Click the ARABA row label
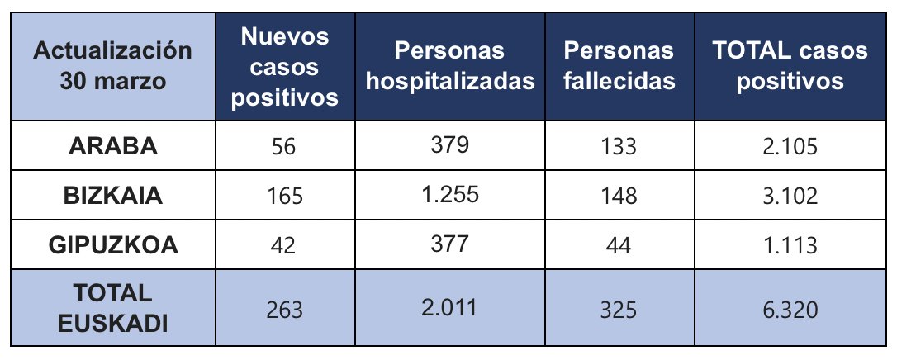pos(113,146)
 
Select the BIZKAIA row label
pos(113,196)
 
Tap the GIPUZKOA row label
pos(113,245)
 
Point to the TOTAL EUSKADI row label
pos(113,308)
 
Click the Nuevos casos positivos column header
pos(285,67)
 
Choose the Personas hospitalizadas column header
pos(450,67)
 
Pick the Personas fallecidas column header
pos(619,67)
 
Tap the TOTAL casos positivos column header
pos(790,67)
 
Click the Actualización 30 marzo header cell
pos(113,67)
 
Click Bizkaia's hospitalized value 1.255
pos(450,195)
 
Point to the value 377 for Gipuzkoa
pos(450,244)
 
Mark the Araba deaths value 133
pos(619,147)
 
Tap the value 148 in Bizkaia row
pos(619,197)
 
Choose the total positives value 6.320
pos(790,310)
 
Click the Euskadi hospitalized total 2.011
pos(450,308)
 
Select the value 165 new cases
pos(285,197)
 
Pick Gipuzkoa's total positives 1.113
pos(790,246)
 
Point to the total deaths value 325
pos(619,310)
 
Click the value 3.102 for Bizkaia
pos(790,197)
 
